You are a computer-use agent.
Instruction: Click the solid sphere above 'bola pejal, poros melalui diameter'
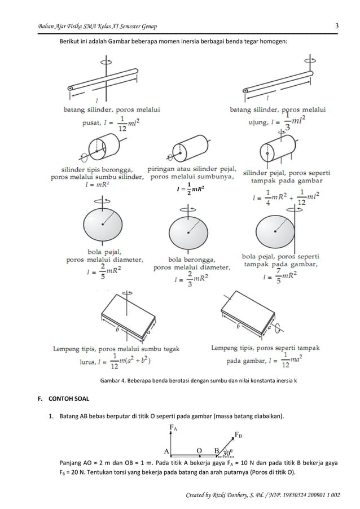102,224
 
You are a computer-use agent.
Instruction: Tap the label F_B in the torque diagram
239,435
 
